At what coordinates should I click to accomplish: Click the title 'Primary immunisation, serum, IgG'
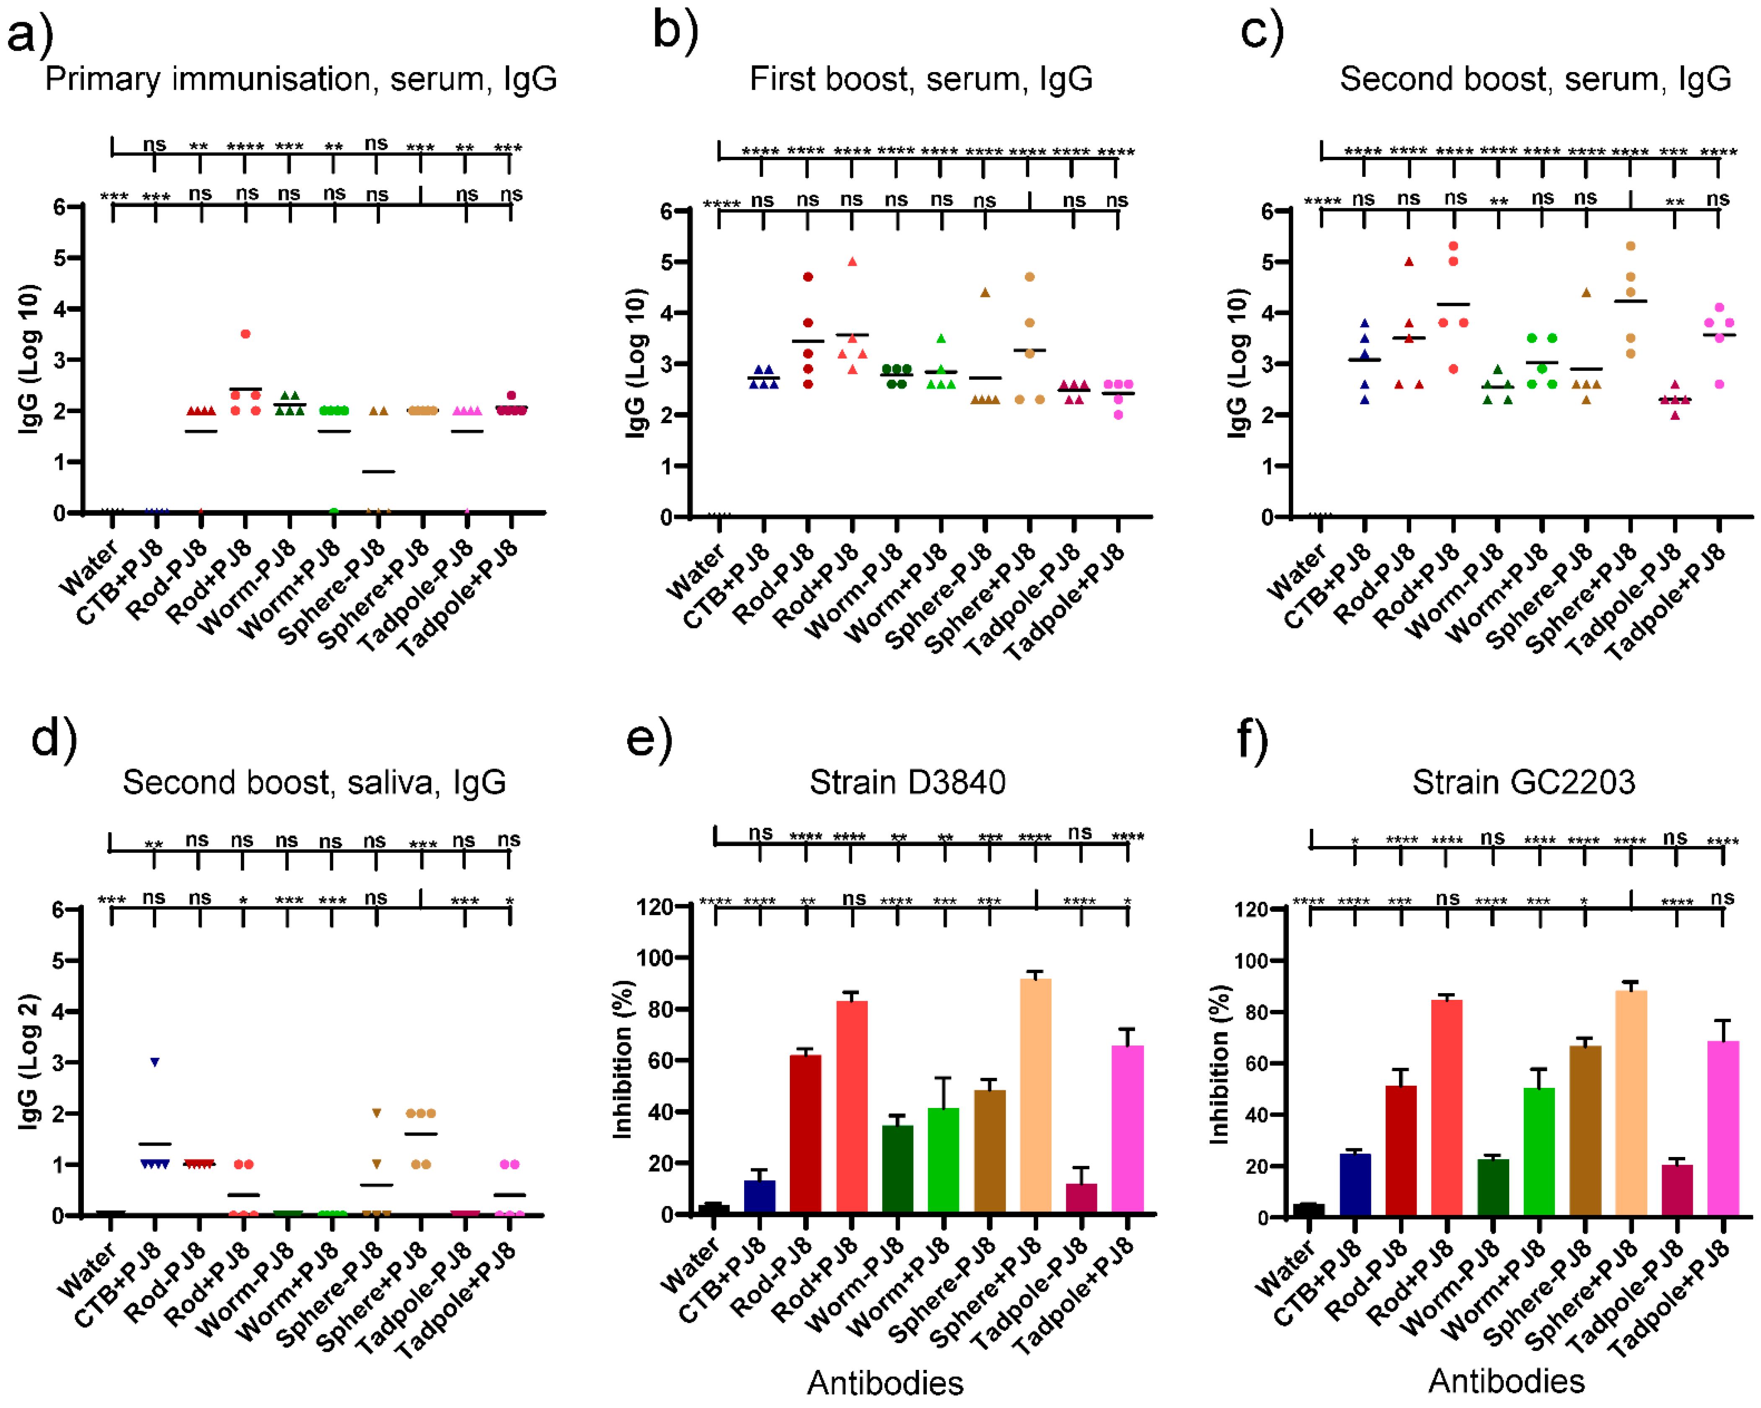(x=300, y=79)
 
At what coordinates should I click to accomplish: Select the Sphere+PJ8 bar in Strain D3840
(x=1036, y=1095)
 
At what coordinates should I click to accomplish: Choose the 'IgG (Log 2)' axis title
(x=28, y=1062)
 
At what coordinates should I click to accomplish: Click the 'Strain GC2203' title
(x=1523, y=782)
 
